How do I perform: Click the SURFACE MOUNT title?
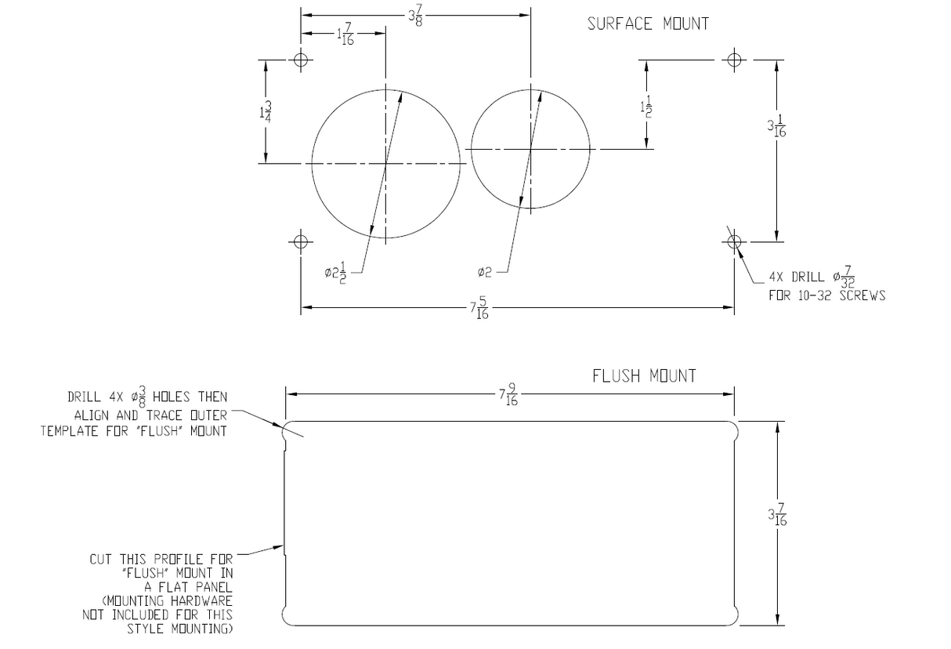click(648, 24)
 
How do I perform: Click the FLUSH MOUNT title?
click(644, 376)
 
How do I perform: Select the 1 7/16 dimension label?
click(345, 34)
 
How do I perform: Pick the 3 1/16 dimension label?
click(776, 126)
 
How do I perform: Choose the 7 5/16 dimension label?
click(479, 309)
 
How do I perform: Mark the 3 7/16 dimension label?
click(777, 516)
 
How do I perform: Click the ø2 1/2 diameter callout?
click(336, 273)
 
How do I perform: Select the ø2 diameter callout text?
click(484, 272)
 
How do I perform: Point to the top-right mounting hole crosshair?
click(734, 60)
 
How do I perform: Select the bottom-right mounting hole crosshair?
click(734, 241)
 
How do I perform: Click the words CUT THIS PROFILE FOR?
click(161, 559)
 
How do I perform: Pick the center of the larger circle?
click(385, 164)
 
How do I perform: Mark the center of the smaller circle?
click(531, 148)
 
